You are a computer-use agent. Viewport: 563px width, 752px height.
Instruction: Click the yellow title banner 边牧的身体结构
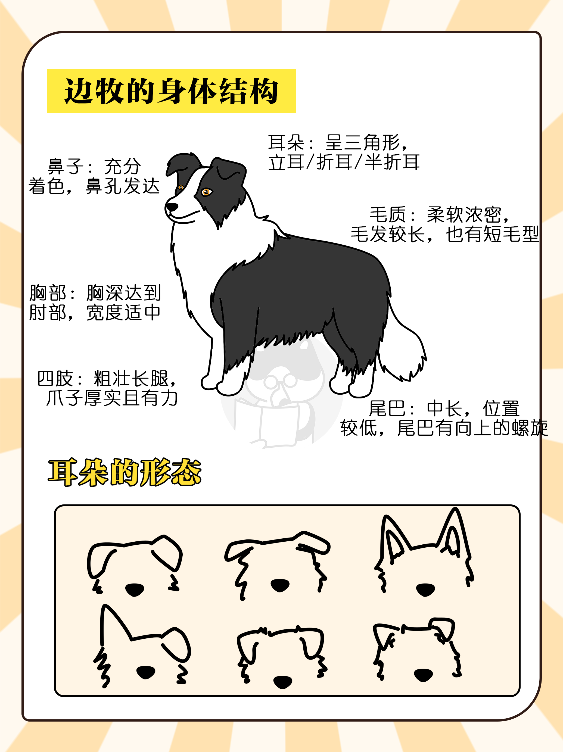[171, 91]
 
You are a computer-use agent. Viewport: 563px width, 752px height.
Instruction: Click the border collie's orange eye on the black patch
[206, 192]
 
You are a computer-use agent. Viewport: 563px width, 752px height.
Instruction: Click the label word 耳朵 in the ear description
[286, 143]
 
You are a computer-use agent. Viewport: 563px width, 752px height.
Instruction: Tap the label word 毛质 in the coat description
[388, 215]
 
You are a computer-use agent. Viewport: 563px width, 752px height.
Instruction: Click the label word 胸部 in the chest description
[48, 293]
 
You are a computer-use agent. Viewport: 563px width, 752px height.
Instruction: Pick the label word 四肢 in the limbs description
[55, 379]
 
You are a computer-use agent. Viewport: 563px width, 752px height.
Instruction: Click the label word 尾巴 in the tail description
[387, 409]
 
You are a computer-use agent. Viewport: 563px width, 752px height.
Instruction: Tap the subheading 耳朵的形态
[125, 472]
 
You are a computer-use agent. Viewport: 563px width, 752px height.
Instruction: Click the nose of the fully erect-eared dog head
[426, 590]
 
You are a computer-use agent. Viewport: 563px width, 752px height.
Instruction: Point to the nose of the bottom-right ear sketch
[423, 675]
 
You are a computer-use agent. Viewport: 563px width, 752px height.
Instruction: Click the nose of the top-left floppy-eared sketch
[135, 590]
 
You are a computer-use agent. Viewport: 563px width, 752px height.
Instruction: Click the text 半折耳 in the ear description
[392, 162]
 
